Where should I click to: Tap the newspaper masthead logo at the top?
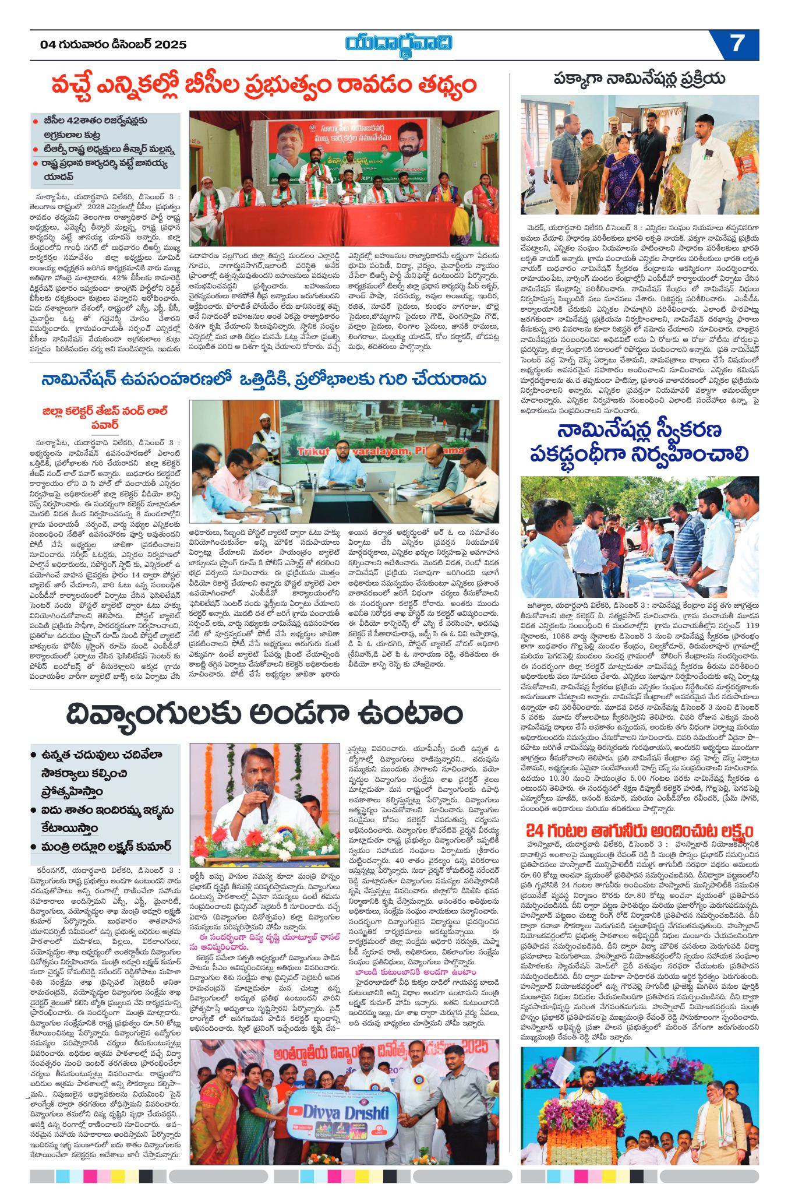398,43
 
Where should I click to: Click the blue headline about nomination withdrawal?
264,380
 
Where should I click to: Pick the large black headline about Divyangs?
264,713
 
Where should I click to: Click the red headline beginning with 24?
639,830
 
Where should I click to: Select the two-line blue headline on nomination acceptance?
639,442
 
